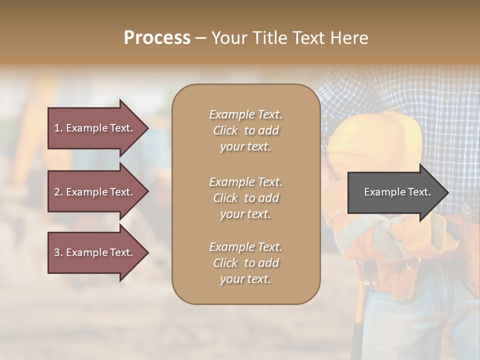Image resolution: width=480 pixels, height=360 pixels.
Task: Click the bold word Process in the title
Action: [x=157, y=38]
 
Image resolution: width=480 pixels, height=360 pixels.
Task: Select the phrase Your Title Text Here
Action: [x=289, y=38]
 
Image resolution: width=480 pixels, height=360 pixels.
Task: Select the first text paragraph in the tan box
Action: [x=245, y=130]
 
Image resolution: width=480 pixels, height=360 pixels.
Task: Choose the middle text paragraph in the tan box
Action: [x=245, y=198]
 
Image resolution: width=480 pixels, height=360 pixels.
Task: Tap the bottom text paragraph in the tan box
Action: [x=245, y=263]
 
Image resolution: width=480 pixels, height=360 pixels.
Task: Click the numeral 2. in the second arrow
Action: [x=58, y=192]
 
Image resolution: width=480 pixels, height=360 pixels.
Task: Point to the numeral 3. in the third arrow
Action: [x=58, y=252]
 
